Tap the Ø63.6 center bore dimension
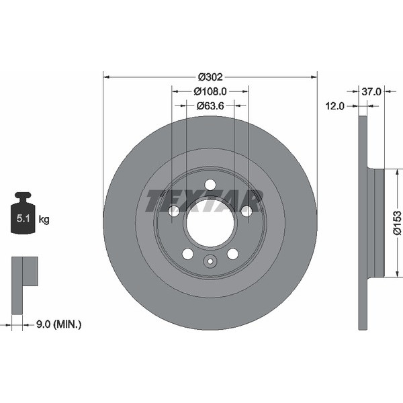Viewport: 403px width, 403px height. pos(210,105)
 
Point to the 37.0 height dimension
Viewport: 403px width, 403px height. pos(371,91)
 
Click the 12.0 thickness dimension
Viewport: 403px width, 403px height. pos(335,105)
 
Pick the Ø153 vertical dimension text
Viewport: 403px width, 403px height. pos(396,222)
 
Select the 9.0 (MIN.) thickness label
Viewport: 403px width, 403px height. pos(58,324)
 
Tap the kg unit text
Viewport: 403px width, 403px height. pos(44,219)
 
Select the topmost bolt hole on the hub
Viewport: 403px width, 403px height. pos(210,185)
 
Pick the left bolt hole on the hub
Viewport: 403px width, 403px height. pos(174,211)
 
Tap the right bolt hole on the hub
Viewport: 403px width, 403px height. pos(247,211)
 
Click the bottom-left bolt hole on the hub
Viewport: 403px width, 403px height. pos(187,254)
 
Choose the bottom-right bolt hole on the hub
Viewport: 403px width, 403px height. pos(232,254)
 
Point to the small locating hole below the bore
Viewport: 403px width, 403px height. pos(210,263)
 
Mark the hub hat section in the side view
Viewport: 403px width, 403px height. pos(375,222)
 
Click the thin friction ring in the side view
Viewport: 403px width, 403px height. pos(363,222)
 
